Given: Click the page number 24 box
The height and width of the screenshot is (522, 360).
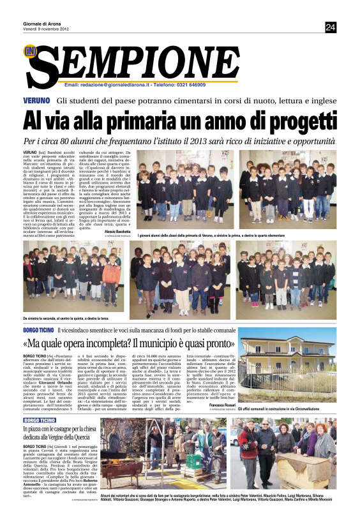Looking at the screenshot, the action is [x=331, y=27].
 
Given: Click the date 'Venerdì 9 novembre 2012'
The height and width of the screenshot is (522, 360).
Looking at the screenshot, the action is [x=45, y=29].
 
